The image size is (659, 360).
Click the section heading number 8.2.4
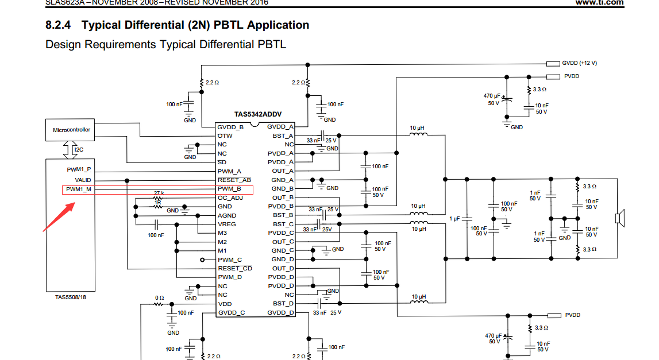point(60,25)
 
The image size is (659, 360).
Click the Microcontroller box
point(71,130)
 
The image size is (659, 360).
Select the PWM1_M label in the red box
point(79,189)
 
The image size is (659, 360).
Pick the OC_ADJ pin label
point(230,198)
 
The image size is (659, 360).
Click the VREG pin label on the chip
point(226,224)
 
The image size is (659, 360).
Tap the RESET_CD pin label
point(234,268)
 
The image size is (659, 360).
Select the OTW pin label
point(225,136)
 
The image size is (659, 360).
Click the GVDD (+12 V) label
point(579,63)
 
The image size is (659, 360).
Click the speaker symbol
point(619,218)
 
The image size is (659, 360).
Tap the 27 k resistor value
point(159,193)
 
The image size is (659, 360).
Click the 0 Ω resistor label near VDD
point(160,297)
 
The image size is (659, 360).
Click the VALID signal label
point(83,180)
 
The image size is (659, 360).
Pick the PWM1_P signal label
point(79,169)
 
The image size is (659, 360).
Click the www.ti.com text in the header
point(599,3)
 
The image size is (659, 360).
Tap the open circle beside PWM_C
point(203,260)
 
